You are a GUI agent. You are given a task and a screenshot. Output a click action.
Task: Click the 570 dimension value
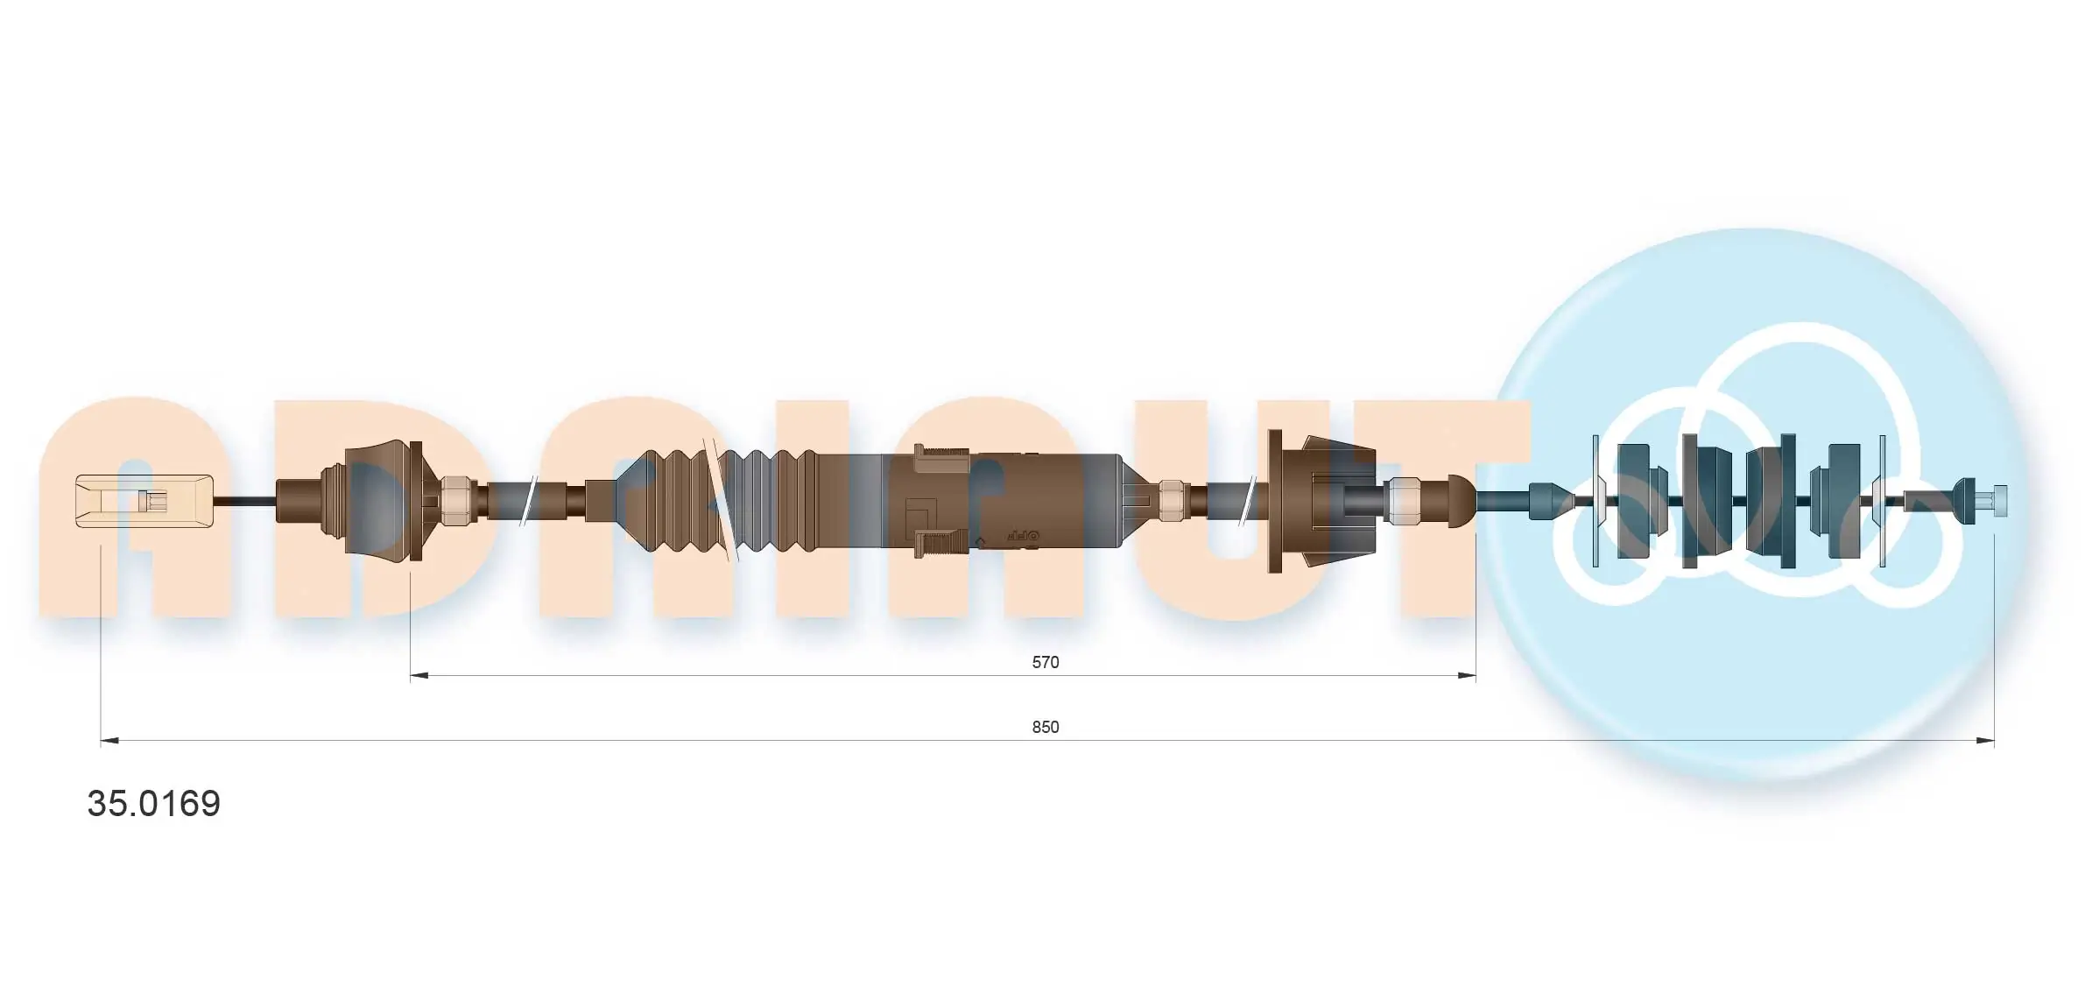1045,662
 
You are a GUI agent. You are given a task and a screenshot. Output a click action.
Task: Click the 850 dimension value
1045,727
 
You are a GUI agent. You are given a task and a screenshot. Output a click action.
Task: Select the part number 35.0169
154,803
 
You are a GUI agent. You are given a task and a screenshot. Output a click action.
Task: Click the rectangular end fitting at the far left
144,501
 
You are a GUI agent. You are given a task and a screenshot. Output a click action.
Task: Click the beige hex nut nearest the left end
454,501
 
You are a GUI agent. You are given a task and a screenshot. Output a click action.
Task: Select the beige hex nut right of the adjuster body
1171,501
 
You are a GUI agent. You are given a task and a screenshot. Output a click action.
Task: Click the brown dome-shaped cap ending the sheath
1460,501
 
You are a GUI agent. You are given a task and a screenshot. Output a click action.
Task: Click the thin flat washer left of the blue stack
1595,501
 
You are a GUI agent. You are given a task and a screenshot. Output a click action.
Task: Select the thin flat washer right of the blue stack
1882,501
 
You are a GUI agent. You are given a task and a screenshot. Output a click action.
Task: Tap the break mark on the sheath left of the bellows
527,501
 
